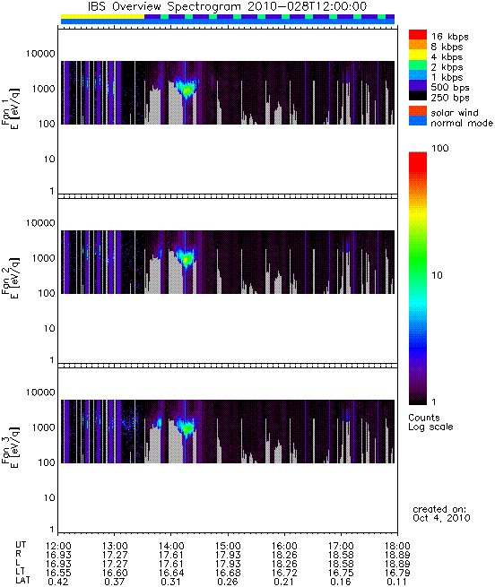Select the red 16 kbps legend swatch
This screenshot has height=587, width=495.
click(418, 34)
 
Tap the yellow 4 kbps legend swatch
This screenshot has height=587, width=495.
click(418, 55)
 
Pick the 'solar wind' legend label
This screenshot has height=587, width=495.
click(455, 113)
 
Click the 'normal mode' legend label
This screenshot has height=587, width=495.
click(462, 123)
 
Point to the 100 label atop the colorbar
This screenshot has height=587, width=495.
click(440, 148)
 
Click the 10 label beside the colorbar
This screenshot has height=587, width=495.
click(438, 275)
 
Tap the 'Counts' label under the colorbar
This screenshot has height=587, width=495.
click(424, 418)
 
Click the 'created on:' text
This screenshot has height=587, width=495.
click(439, 509)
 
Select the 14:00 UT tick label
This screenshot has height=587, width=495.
click(171, 546)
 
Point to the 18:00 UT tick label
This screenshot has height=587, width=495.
click(397, 546)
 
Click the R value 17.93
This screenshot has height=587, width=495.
click(228, 555)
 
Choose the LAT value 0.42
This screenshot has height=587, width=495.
click(58, 582)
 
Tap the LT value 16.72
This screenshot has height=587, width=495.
click(284, 573)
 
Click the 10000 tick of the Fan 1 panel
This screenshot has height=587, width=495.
click(40, 54)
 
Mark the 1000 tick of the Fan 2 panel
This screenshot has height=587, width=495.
click(43, 258)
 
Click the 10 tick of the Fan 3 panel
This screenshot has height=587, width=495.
click(49, 498)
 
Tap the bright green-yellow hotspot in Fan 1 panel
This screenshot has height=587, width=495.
click(187, 89)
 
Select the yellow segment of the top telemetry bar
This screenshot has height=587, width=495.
click(102, 17)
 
